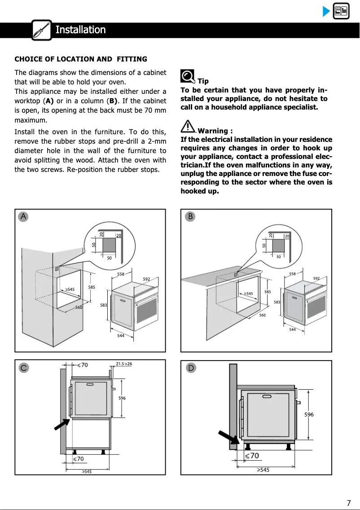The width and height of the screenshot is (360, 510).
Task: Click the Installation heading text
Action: tap(80, 30)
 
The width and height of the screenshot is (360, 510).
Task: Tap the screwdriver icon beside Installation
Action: tap(42, 30)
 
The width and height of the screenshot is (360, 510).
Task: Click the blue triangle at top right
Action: tap(326, 11)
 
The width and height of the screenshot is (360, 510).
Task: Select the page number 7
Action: tap(348, 503)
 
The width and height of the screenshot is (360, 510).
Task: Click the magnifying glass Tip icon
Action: tap(188, 77)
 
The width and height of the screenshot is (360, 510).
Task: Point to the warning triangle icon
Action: tap(189, 127)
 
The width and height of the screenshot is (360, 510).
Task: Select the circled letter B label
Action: tap(191, 216)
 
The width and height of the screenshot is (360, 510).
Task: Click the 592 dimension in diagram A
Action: tap(146, 279)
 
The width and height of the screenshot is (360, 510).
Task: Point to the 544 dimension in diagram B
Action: tap(292, 330)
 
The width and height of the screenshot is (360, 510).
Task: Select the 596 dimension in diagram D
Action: tap(309, 415)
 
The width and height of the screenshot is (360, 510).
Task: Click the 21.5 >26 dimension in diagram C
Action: tap(124, 364)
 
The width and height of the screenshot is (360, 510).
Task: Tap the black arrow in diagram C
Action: tap(61, 424)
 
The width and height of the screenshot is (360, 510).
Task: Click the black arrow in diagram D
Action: tap(228, 439)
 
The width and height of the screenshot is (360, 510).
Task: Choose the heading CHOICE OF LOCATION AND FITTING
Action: tap(81, 59)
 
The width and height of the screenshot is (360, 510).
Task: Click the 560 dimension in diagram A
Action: tap(79, 308)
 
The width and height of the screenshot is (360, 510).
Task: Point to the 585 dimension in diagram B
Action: tap(268, 292)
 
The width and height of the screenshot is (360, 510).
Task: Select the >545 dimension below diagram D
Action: tap(263, 470)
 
